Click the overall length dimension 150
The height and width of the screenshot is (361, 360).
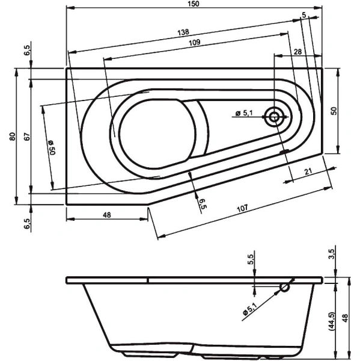click(192, 4)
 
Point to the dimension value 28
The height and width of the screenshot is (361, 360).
click(297, 52)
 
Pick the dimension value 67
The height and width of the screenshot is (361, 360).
click(27, 137)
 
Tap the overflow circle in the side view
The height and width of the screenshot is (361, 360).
click(284, 288)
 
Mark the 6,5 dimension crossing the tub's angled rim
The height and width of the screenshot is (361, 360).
click(203, 203)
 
